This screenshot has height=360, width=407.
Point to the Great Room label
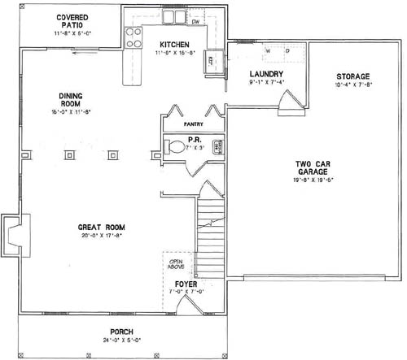100,228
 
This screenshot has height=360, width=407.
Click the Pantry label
193,124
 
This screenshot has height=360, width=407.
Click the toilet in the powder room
177,148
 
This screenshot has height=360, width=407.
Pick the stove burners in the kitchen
133,36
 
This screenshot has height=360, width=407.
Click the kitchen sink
173,17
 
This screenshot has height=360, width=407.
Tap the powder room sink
217,147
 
